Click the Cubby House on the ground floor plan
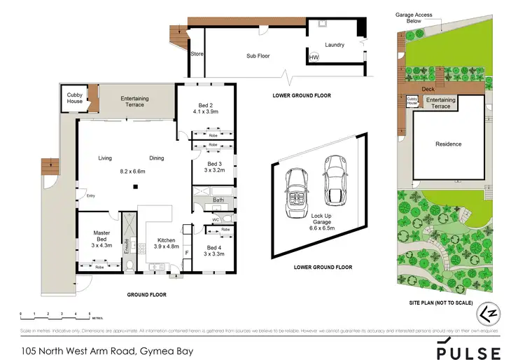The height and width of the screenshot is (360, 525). pos(74,98)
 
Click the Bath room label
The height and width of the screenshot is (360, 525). pos(218,201)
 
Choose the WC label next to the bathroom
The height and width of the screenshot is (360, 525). pos(216,221)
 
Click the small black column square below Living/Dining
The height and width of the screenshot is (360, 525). pos(137,186)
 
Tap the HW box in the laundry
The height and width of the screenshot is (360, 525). pos(314,57)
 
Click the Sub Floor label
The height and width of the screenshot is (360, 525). pos(258,55)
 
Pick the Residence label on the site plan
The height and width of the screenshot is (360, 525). pos(449,144)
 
